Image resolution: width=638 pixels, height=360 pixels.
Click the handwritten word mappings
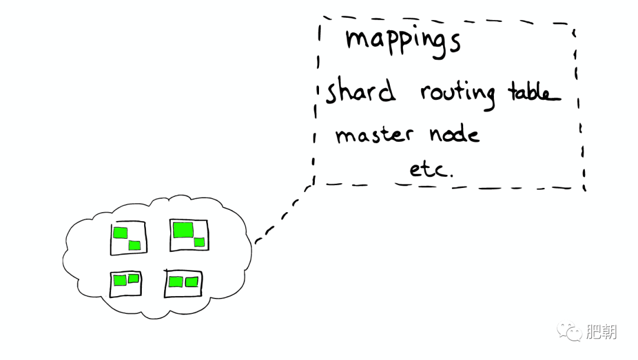(x=403, y=43)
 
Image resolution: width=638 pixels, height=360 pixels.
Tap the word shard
(x=360, y=90)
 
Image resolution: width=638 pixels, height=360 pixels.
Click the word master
(x=374, y=134)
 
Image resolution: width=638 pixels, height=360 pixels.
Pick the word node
(x=454, y=133)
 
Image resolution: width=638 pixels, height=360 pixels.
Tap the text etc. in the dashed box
(x=431, y=169)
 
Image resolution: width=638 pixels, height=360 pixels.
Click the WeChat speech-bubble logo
(x=569, y=330)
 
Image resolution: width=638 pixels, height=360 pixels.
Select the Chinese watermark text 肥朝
(x=601, y=332)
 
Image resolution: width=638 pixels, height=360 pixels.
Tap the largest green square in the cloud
(x=183, y=230)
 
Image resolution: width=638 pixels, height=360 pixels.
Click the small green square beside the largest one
(x=200, y=242)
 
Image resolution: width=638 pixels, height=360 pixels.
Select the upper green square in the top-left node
(x=121, y=233)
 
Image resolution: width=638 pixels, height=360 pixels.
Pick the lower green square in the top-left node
(x=135, y=245)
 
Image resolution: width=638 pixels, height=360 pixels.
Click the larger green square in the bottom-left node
(x=120, y=280)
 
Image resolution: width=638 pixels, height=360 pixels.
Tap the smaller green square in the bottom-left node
(x=134, y=278)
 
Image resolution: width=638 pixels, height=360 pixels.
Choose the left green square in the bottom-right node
(x=176, y=282)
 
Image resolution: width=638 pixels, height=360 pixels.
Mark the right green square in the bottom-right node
(x=191, y=282)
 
